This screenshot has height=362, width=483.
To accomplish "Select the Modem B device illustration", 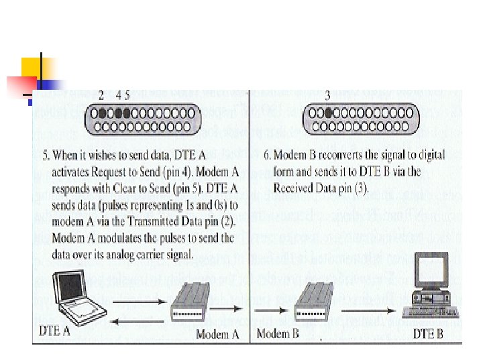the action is point(313,300).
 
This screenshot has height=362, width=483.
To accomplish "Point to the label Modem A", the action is point(217,334).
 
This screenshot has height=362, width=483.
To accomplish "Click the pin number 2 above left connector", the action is point(101,95).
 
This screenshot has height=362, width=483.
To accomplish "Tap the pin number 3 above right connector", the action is point(327,95).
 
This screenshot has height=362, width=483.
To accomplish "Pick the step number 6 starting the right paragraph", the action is point(266,155).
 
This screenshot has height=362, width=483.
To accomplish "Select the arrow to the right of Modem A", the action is point(229,310).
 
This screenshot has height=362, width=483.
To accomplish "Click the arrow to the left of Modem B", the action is point(271,310).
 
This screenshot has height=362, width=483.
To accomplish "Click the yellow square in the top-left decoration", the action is point(32,68).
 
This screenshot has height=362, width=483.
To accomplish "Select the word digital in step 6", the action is point(427,155).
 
